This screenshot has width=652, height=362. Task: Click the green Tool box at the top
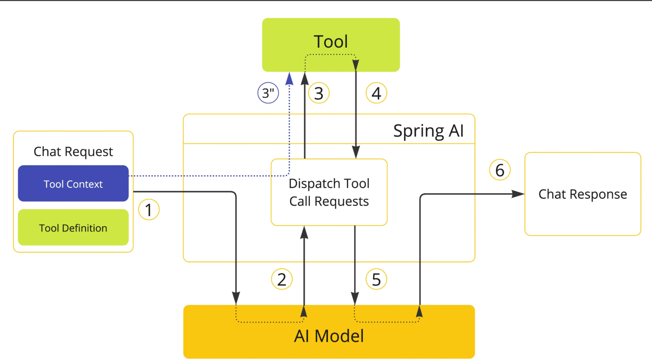[331, 45]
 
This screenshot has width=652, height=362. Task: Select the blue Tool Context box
[73, 183]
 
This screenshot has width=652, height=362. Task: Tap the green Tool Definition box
[73, 227]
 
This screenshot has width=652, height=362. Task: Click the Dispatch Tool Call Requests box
[329, 192]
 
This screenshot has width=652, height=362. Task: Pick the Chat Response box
[583, 194]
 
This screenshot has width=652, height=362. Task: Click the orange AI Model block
[329, 332]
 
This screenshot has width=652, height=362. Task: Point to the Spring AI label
[429, 131]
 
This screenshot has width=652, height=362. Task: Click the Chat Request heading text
[73, 152]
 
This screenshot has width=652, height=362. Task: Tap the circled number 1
[149, 210]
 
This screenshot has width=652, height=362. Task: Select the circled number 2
[282, 280]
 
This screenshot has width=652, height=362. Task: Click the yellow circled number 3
[319, 93]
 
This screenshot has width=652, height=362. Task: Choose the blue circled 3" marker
[268, 93]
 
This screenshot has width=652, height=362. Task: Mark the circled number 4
[377, 93]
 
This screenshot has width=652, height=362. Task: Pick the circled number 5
[377, 280]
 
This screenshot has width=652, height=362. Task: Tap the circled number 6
[500, 170]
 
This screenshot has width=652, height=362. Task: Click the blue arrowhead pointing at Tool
[289, 79]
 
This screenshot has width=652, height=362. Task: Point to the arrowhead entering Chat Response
[518, 194]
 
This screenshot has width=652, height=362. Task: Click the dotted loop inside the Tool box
[331, 55]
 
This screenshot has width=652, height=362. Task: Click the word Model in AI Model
[339, 336]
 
